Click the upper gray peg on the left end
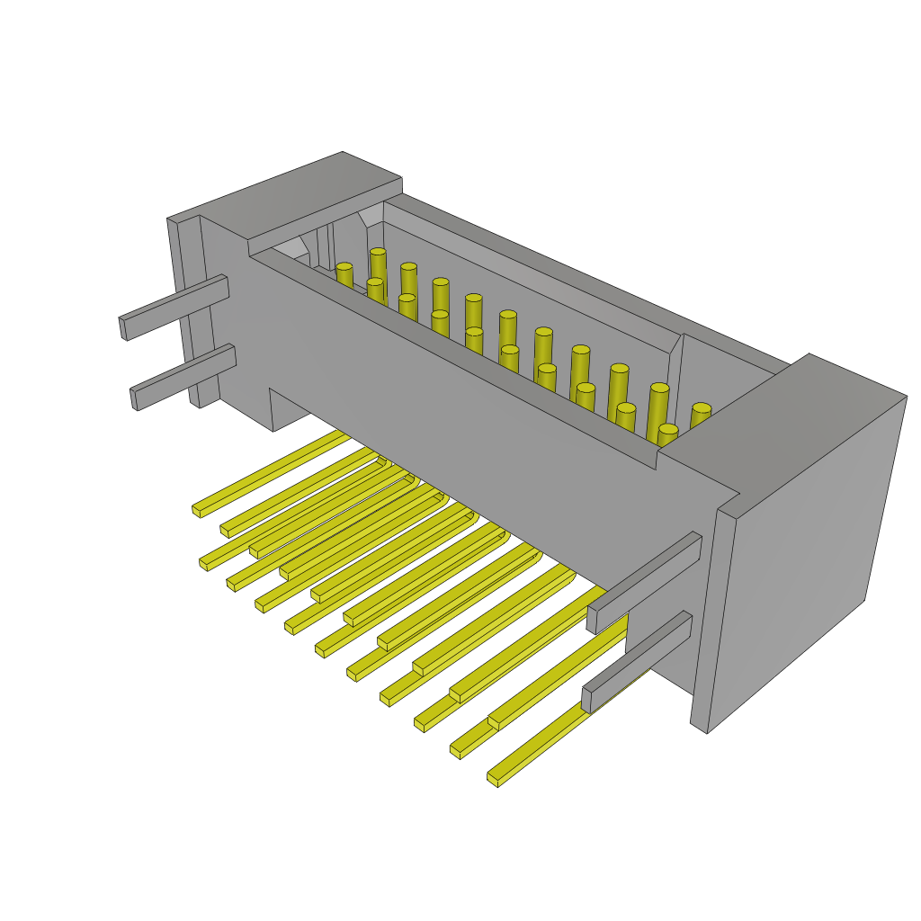[x=175, y=306]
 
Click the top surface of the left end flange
[x=297, y=193]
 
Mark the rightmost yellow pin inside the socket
[x=701, y=416]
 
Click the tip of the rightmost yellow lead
[x=494, y=778]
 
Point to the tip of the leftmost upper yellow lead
[x=197, y=510]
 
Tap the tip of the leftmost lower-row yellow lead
[x=204, y=564]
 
